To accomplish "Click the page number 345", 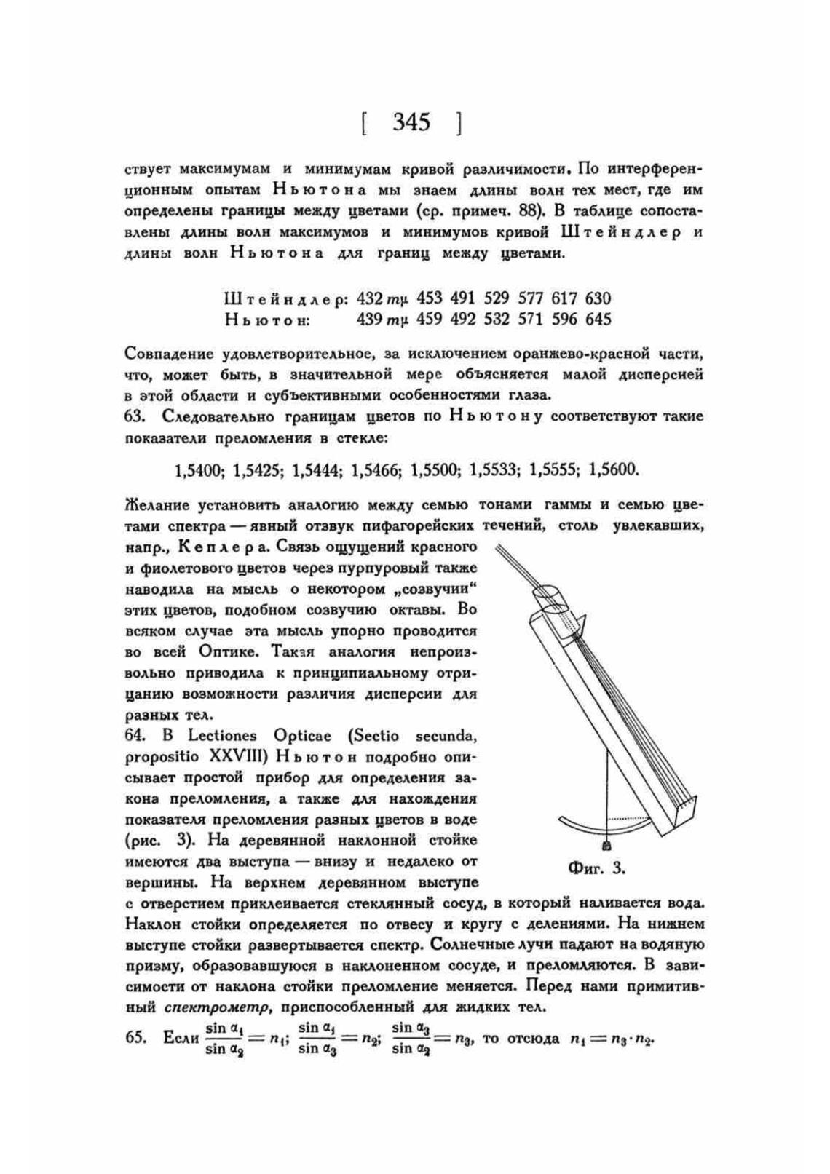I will click(x=411, y=122).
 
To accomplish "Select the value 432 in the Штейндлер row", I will click(x=370, y=298).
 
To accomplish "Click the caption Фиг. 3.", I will click(x=596, y=868).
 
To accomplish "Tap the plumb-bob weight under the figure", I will click(x=607, y=846).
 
